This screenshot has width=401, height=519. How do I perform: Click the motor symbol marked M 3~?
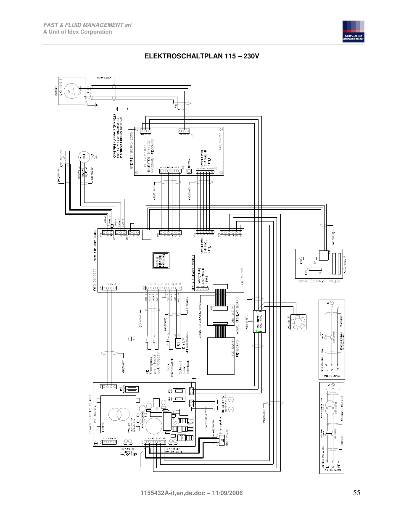pos(71,91)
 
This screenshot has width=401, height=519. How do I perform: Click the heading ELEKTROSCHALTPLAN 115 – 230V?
pos(202,56)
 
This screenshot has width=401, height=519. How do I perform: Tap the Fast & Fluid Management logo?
pos(353,32)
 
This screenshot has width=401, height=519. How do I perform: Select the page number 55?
pos(356,493)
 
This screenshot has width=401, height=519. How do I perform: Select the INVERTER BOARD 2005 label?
pos(131,151)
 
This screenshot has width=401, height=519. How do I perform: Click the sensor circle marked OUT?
pos(84,157)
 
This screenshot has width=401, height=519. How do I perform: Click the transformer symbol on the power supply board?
pos(119,414)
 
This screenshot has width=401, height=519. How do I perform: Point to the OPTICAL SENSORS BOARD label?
pos(318,281)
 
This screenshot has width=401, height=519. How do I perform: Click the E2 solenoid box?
pos(178,344)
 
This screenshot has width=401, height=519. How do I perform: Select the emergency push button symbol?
pos(131,339)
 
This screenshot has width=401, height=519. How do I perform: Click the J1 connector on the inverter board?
pos(146,131)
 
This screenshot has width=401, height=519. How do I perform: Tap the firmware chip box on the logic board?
pos(161,261)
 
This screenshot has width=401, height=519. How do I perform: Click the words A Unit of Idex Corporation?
pos(78,32)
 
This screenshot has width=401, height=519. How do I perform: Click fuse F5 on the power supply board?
pos(179,391)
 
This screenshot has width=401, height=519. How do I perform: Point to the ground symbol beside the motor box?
pos(96,104)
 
